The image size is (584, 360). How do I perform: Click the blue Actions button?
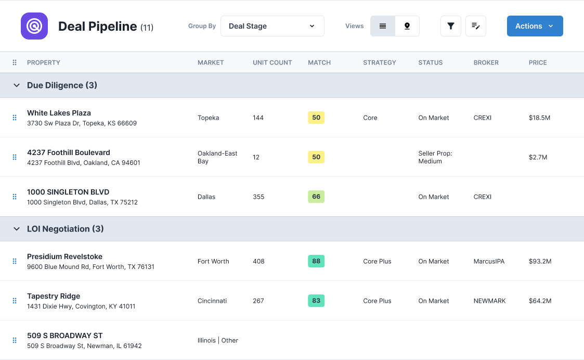[535, 26]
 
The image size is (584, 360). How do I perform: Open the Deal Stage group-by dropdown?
[272, 26]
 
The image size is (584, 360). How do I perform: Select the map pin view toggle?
[407, 26]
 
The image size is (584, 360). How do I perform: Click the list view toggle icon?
[383, 26]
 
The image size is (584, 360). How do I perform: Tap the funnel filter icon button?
[451, 26]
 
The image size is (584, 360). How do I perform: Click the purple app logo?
[34, 26]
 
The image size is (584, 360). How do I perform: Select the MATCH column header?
[319, 62]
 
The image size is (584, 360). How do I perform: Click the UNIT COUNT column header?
[272, 62]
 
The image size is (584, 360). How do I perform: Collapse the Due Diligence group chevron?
[16, 85]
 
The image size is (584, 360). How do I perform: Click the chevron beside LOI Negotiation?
[16, 229]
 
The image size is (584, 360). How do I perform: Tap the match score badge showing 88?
[316, 261]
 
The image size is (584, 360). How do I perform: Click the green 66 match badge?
[316, 197]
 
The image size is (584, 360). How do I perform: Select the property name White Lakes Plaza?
[59, 113]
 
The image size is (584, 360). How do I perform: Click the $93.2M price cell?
[540, 261]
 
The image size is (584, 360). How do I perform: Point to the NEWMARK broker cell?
[489, 301]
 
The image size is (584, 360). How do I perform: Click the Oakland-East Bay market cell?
[217, 157]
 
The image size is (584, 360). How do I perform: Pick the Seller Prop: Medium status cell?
[435, 157]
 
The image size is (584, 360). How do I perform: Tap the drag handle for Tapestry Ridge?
[15, 301]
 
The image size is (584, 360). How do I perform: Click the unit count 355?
[258, 197]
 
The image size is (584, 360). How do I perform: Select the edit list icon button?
[475, 26]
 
